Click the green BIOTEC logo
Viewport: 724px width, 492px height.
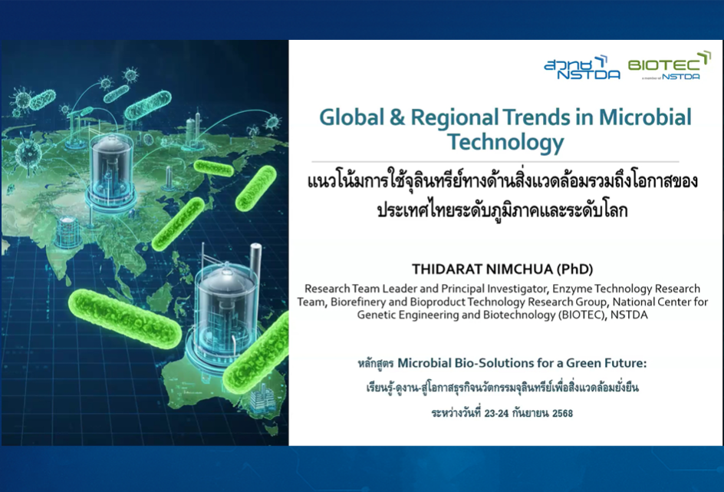(669, 65)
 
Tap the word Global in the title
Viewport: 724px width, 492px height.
(351, 117)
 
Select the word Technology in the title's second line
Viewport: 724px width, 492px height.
(505, 142)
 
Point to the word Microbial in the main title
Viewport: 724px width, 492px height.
(645, 117)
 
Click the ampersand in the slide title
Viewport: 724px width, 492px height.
(397, 117)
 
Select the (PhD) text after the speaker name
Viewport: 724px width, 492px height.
(575, 269)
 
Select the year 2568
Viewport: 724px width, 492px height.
(562, 413)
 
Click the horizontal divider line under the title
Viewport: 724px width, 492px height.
(495, 162)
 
